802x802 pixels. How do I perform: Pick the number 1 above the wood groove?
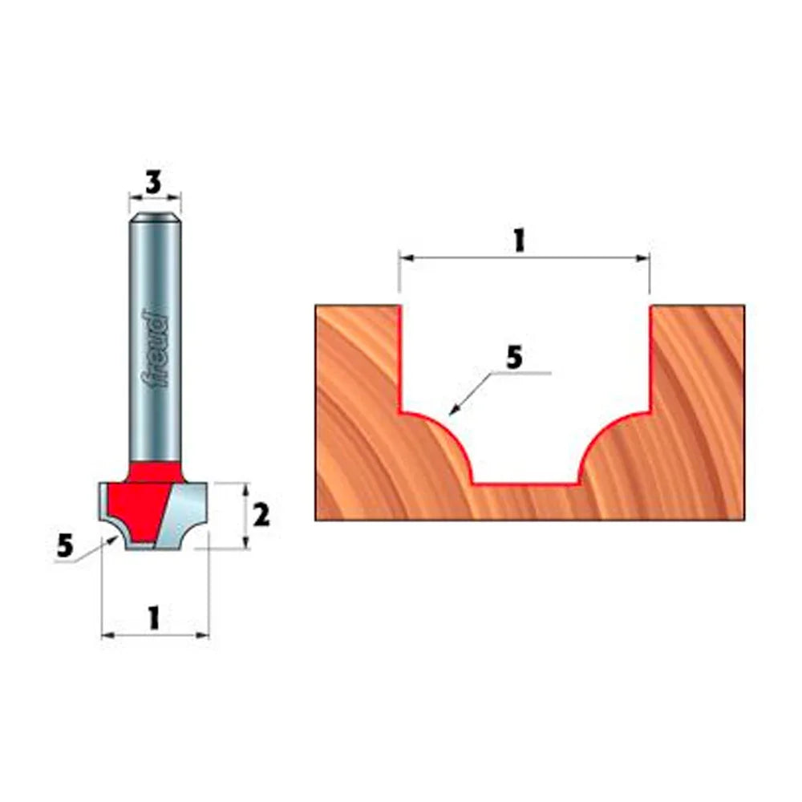tap(519, 240)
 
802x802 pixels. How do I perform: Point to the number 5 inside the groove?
tap(514, 358)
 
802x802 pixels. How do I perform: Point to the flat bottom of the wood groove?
tap(525, 484)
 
